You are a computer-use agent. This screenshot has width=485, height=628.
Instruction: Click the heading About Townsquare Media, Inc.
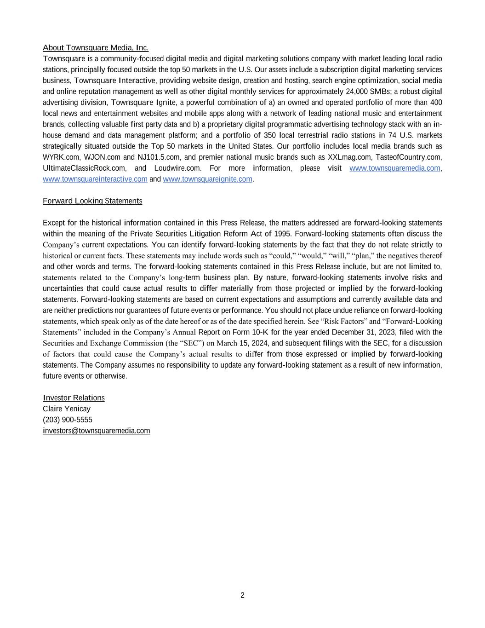point(96,48)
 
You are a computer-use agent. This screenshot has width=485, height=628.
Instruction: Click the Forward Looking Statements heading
point(92,201)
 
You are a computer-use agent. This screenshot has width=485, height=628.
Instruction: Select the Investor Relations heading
point(74,398)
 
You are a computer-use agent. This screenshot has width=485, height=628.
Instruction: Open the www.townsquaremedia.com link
point(394,168)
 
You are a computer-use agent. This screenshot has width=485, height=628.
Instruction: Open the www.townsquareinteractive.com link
point(95,179)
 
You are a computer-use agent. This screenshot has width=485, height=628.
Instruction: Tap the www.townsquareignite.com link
point(207,179)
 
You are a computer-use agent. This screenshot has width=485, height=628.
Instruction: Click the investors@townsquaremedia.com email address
point(96,431)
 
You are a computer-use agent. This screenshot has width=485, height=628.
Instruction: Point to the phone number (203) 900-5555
point(68,420)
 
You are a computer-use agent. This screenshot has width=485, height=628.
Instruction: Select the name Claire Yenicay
point(67,409)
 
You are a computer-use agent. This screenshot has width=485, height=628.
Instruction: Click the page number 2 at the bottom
point(242,595)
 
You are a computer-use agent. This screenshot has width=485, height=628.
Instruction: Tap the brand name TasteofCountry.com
point(409,157)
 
